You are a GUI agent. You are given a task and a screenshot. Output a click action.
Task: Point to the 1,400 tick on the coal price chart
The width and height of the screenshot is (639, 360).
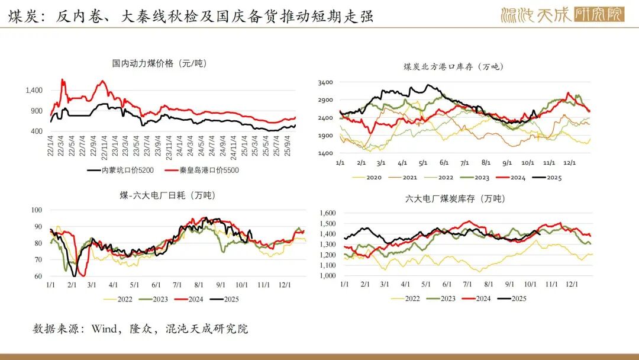point(34,90)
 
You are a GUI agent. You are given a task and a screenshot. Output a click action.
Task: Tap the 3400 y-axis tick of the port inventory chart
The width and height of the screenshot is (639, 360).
point(325,82)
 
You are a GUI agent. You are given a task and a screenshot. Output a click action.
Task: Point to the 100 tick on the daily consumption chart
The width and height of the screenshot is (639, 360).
point(37,210)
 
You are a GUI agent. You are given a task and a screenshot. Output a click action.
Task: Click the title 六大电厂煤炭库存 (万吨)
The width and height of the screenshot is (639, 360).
point(455,199)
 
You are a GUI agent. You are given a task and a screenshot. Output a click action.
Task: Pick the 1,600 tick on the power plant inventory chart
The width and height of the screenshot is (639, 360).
point(327,213)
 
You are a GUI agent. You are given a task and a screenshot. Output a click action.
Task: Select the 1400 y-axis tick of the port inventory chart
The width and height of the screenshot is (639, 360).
point(325,153)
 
